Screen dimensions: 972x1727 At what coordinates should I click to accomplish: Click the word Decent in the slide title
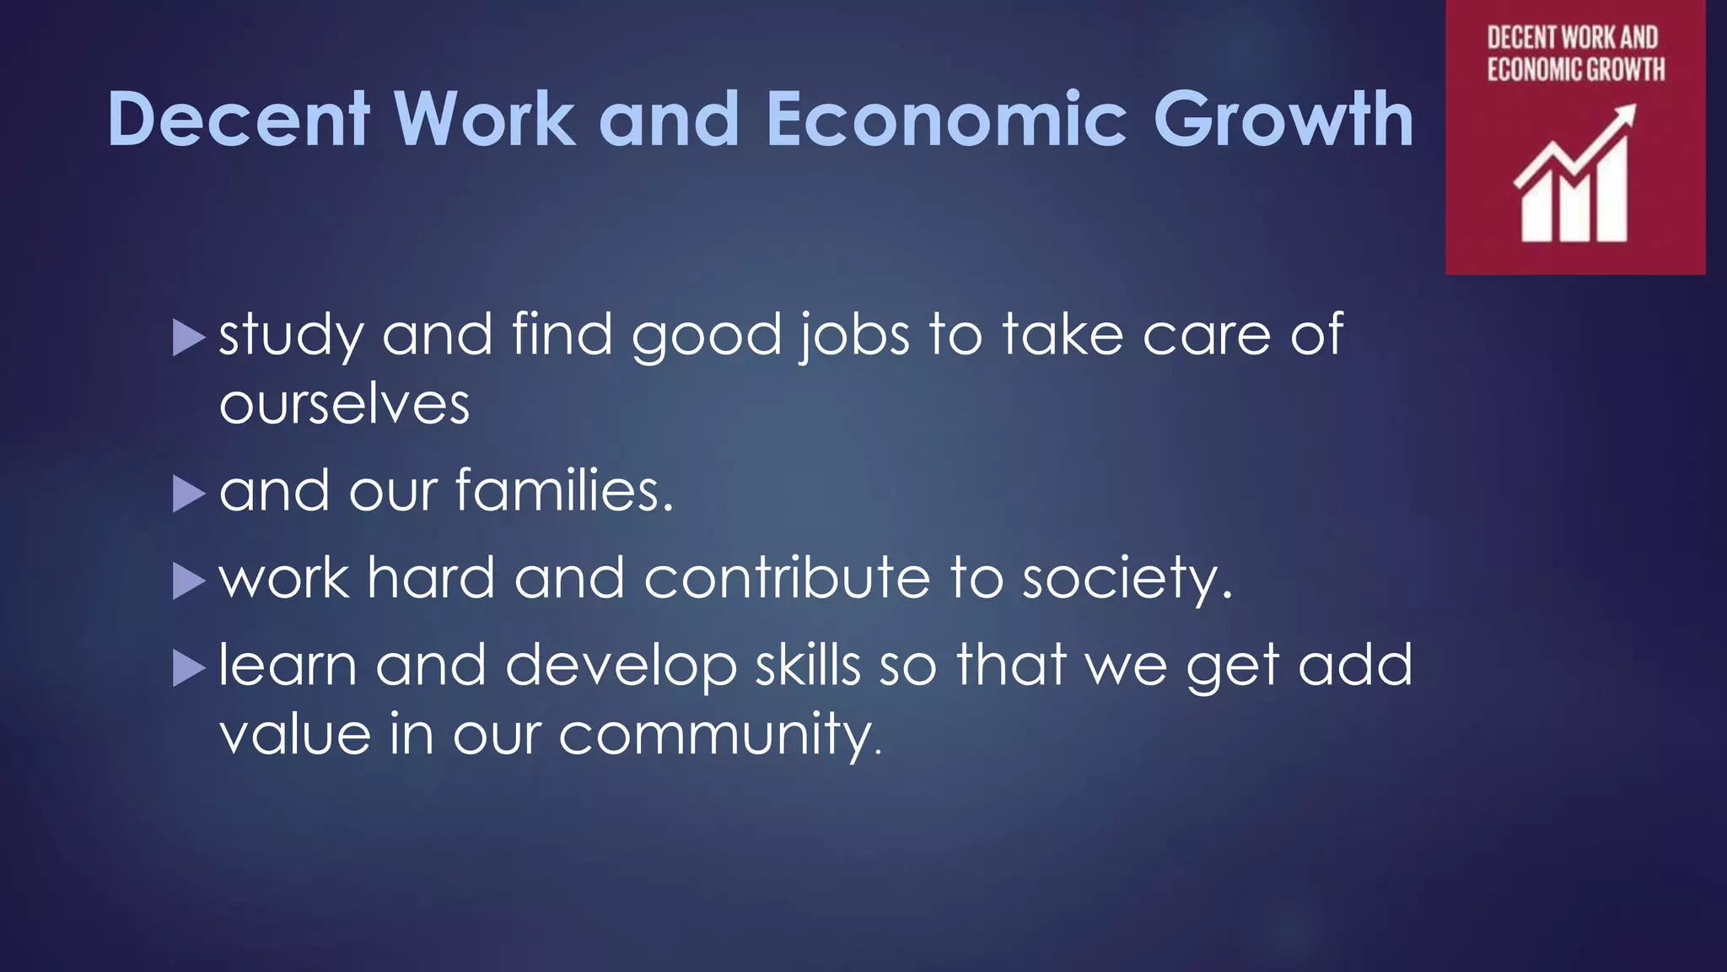[x=239, y=119]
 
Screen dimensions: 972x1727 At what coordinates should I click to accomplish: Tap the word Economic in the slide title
[x=946, y=119]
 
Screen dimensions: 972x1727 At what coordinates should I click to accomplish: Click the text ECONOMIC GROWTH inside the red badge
[x=1575, y=68]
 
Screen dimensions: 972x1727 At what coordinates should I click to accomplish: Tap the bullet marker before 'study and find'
[x=188, y=338]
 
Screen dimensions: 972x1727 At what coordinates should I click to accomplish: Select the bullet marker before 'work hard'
[x=188, y=581]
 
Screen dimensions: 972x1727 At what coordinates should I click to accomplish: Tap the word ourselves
[x=344, y=404]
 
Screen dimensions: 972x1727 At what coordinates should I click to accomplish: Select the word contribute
[x=787, y=578]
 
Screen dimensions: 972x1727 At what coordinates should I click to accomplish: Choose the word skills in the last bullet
[x=807, y=665]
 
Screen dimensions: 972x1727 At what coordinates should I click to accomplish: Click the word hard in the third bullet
[x=431, y=578]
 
